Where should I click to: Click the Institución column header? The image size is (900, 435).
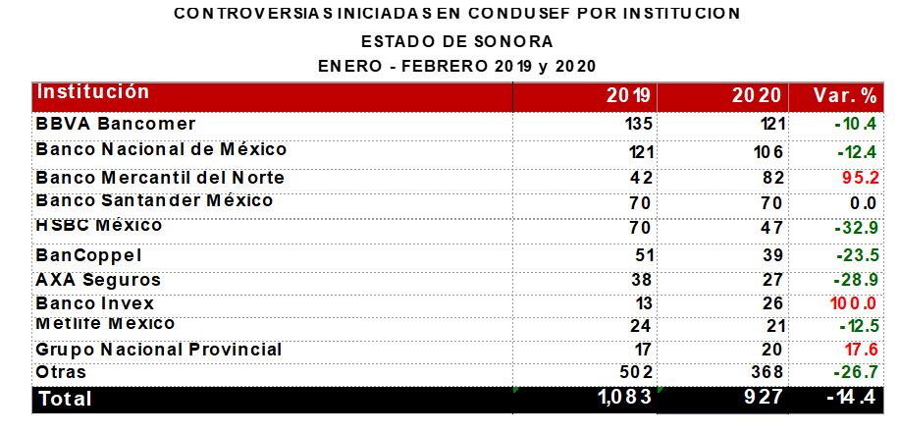pyautogui.click(x=92, y=92)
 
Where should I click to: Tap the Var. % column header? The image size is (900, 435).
pyautogui.click(x=845, y=95)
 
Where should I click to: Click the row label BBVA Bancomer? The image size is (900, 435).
pyautogui.click(x=115, y=124)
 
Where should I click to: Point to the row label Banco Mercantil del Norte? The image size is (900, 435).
pyautogui.click(x=159, y=178)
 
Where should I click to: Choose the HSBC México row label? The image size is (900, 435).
pyautogui.click(x=98, y=226)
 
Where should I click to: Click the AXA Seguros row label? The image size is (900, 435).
pyautogui.click(x=97, y=280)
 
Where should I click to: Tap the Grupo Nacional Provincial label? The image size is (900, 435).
pyautogui.click(x=158, y=349)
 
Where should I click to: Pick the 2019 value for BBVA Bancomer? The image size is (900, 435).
pyautogui.click(x=638, y=125)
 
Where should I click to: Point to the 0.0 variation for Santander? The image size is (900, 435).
pyautogui.click(x=862, y=203)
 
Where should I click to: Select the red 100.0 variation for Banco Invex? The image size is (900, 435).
pyautogui.click(x=853, y=303)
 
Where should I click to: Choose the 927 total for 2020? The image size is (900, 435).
pyautogui.click(x=763, y=399)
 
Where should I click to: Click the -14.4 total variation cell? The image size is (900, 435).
pyautogui.click(x=849, y=399)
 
